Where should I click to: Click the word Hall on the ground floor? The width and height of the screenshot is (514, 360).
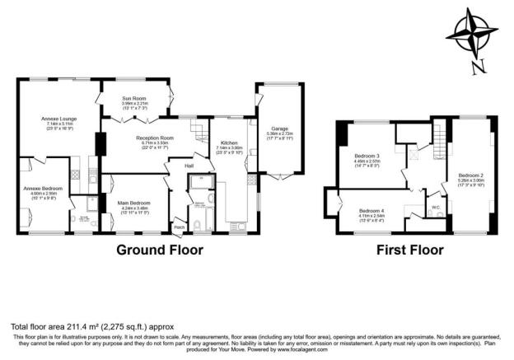coord(189,166)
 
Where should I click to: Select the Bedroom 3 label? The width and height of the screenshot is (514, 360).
coord(367,156)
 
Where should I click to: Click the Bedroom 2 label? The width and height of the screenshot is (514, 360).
coord(470,175)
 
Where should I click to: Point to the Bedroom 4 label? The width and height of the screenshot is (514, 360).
coord(371,211)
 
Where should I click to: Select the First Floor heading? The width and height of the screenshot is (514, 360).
coord(410,250)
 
